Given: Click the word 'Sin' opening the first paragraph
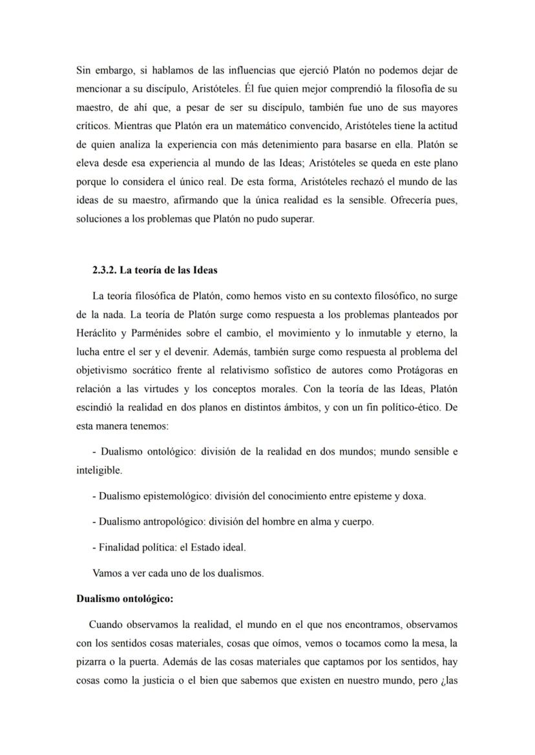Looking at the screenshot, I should [84, 70].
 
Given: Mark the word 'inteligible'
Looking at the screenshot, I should [98, 470].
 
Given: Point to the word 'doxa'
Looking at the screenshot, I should [414, 496].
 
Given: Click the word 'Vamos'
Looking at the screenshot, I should [107, 573].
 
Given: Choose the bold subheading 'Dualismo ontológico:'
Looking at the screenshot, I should [125, 599].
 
